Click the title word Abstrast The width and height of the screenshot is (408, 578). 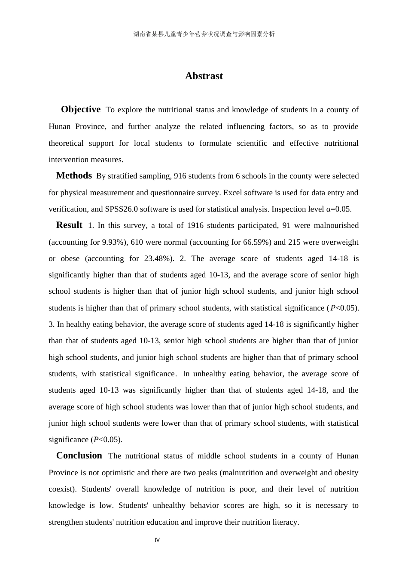tap(204, 76)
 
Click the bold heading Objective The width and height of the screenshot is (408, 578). tap(81, 109)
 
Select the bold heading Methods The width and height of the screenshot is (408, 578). tap(74, 175)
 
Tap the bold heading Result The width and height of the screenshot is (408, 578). tap(69, 225)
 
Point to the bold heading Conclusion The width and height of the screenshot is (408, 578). tap(79, 455)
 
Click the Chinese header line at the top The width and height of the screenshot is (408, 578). tap(204, 34)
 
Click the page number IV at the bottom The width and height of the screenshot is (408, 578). tap(157, 540)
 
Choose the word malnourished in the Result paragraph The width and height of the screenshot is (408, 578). tap(336, 225)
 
